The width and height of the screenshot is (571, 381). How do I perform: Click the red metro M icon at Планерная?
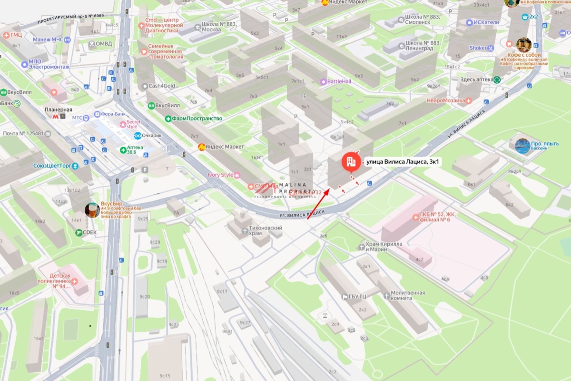pyautogui.click(x=56, y=116)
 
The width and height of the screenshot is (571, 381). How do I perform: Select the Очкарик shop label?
pyautogui.click(x=152, y=136)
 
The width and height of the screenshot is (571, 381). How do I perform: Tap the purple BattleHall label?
pyautogui.click(x=339, y=81)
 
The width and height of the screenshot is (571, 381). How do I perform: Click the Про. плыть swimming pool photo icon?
pyautogui.click(x=522, y=146)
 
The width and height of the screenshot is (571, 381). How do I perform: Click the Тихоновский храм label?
pyautogui.click(x=265, y=231)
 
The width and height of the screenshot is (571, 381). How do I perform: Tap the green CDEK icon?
pyautogui.click(x=79, y=232)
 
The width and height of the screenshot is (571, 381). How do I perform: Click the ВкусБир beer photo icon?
pyautogui.click(x=92, y=210)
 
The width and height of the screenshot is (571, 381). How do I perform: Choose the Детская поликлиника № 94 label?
pyautogui.click(x=61, y=281)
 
